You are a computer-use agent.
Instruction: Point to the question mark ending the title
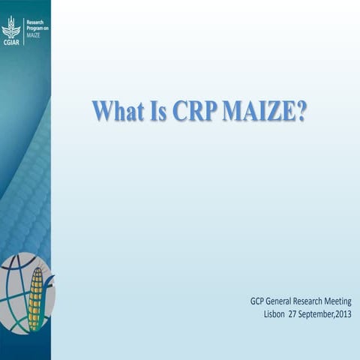(x=301, y=109)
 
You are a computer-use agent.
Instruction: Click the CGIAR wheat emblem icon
(x=10, y=28)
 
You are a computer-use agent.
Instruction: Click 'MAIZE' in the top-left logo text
(x=35, y=35)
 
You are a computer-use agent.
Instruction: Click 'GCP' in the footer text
(x=259, y=301)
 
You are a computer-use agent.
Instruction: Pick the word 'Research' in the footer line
(x=314, y=301)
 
